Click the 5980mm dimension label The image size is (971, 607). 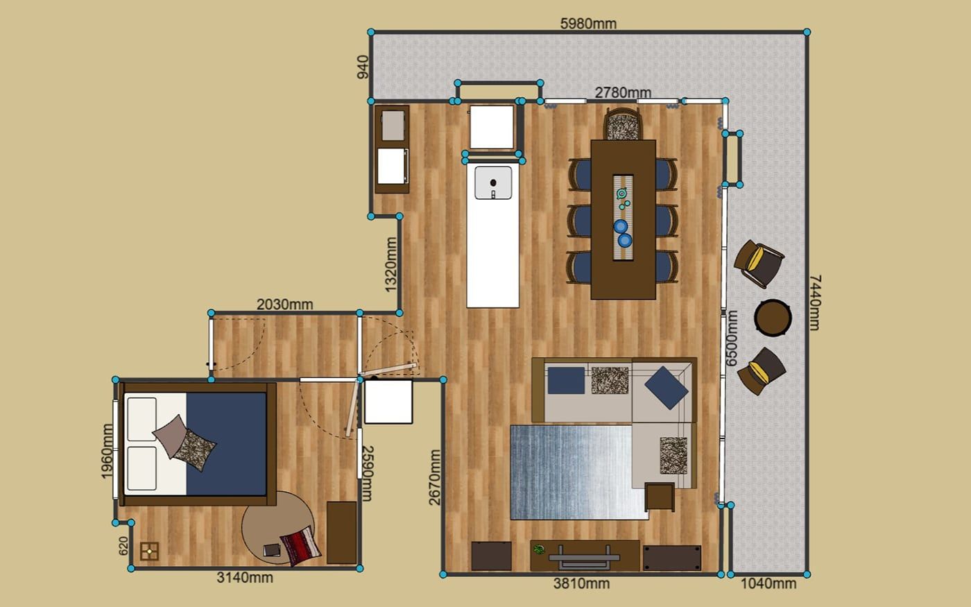(x=588, y=24)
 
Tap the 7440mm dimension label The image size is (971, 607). (x=814, y=302)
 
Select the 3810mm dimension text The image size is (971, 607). (x=581, y=583)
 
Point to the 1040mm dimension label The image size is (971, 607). (x=768, y=583)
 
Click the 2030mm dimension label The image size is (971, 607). (x=285, y=305)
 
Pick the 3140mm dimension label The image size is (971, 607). (x=245, y=577)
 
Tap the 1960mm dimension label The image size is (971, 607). (x=107, y=452)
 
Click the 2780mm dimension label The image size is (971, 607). (x=623, y=92)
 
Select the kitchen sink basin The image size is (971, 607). (x=493, y=183)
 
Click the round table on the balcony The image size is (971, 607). (x=773, y=318)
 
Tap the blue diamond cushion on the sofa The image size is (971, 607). (x=667, y=388)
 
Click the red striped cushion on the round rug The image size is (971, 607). (x=300, y=546)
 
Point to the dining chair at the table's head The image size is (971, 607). (x=623, y=123)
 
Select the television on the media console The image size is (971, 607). (x=584, y=558)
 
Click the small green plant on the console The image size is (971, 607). (x=539, y=549)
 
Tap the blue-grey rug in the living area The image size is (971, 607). (x=579, y=472)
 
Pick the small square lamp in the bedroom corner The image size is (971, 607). (x=149, y=552)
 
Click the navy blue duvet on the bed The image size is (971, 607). (x=226, y=444)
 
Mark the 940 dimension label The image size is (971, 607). (x=363, y=67)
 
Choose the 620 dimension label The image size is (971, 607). (x=123, y=546)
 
